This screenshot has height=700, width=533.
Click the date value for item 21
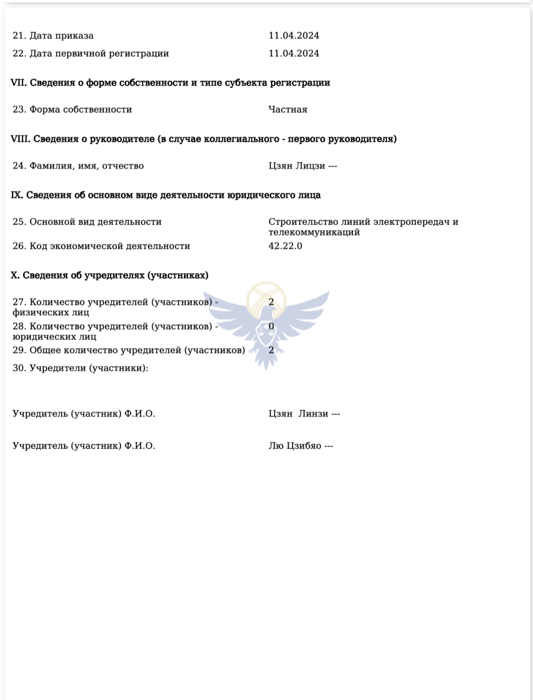294,36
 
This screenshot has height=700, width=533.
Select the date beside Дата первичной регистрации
294,54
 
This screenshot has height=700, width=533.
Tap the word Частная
288,110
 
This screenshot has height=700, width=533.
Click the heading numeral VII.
19,83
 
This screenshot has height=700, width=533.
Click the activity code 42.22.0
285,246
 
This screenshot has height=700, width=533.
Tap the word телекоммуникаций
314,233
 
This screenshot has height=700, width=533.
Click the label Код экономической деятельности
109,246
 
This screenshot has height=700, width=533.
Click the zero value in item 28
271,326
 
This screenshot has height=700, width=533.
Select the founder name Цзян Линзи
298,414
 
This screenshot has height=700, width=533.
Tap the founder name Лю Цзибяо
295,446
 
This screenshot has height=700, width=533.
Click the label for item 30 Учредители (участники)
89,368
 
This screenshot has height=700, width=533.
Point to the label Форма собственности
80,110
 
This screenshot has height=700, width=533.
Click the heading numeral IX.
17,195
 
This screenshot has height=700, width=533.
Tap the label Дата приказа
61,36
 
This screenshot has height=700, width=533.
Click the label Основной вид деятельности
95,222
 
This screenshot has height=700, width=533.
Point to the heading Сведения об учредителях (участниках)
116,276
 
